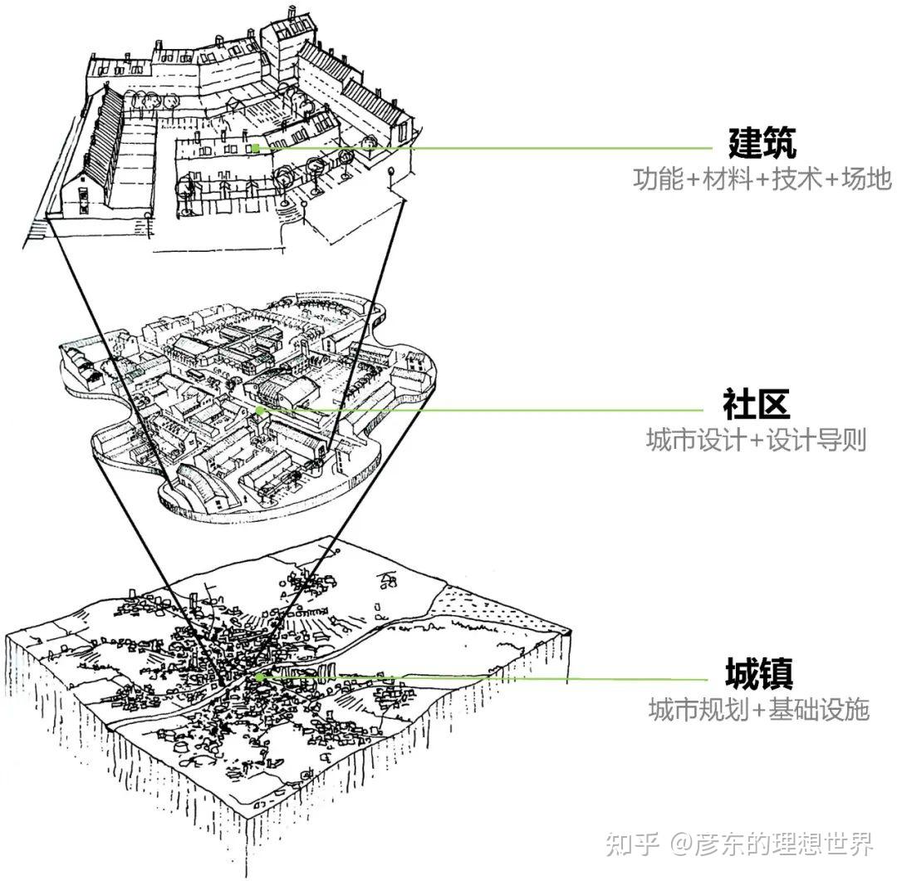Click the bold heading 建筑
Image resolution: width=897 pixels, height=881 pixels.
tap(762, 143)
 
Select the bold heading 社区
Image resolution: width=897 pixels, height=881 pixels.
tap(756, 405)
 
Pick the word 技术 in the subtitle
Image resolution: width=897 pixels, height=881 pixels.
tap(797, 179)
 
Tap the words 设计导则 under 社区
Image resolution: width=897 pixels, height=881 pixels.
tap(816, 440)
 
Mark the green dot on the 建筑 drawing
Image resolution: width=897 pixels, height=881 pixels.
tap(257, 148)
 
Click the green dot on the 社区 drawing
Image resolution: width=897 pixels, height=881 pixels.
tap(259, 410)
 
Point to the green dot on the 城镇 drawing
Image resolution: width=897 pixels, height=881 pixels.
tap(259, 677)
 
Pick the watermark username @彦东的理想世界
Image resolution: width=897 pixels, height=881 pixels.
tap(772, 844)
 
